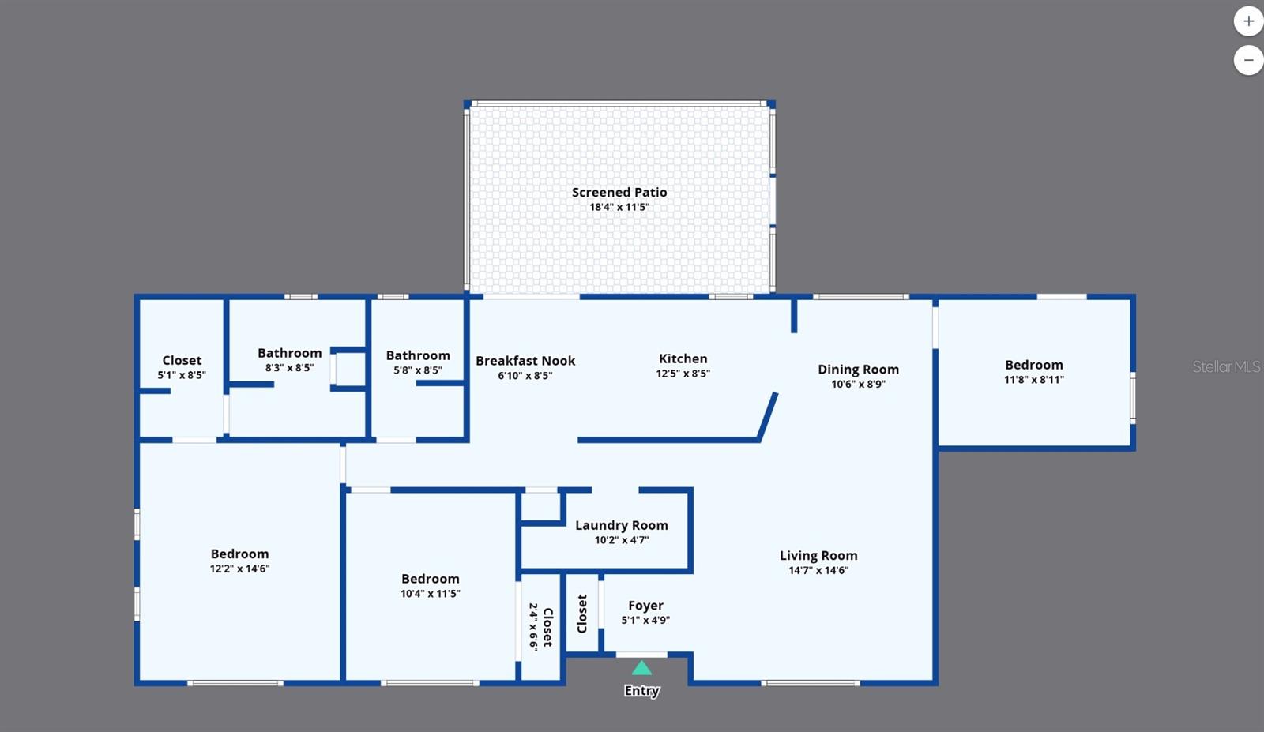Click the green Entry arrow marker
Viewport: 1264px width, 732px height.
[x=641, y=668]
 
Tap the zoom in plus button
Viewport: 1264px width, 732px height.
[x=1248, y=21]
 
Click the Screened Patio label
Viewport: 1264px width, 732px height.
[x=619, y=193]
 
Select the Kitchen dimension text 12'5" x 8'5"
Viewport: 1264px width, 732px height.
[x=683, y=374]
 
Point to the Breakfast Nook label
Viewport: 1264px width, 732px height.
[x=525, y=361]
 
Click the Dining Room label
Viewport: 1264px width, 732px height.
[x=858, y=370]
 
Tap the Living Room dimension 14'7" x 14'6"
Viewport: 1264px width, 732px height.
[x=818, y=570]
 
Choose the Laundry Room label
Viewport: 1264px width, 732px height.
[x=621, y=526]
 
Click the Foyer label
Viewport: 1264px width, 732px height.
[x=645, y=606]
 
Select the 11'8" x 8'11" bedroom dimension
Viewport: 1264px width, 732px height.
[x=1034, y=380]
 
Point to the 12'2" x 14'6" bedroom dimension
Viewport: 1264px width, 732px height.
[x=239, y=569]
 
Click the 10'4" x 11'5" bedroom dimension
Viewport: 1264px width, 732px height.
[x=430, y=593]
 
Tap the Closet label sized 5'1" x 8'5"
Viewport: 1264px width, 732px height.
[x=182, y=360]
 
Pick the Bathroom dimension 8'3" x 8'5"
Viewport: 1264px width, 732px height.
[x=289, y=368]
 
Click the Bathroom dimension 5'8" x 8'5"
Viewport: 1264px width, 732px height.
[x=418, y=370]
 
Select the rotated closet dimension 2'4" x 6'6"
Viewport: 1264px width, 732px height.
[x=533, y=626]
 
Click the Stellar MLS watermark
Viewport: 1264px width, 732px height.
[x=1225, y=366]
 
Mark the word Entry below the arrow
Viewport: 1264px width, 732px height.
[x=641, y=691]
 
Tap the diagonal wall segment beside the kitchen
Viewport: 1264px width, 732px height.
[x=767, y=417]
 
